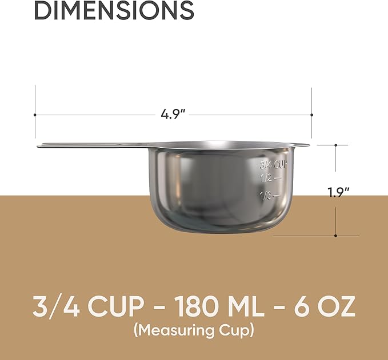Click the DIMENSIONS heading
point(114,10)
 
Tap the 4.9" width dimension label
point(173,114)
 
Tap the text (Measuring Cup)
point(194,330)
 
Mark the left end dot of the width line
point(35,115)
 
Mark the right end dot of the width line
point(311,115)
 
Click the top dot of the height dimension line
point(336,145)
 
